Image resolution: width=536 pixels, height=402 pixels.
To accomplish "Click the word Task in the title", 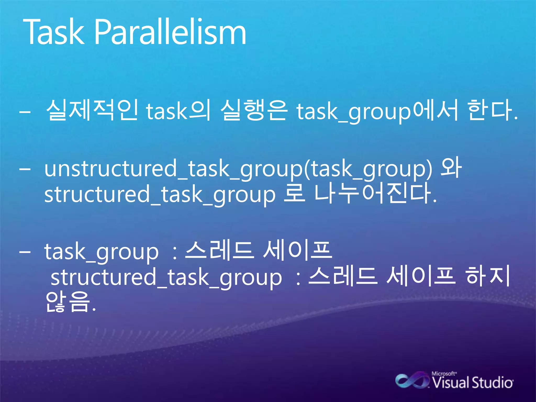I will [54, 32].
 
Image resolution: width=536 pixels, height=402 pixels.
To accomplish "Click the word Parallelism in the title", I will [170, 32].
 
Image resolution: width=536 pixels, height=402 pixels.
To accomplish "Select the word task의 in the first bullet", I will [178, 110].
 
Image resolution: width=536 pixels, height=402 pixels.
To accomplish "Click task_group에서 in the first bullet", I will [377, 111].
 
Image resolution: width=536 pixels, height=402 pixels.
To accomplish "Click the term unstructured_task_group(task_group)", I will [238, 169].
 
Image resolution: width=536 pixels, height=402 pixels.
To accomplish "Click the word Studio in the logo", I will [492, 383].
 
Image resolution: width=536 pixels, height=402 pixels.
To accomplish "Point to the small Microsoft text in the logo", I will [444, 373].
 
